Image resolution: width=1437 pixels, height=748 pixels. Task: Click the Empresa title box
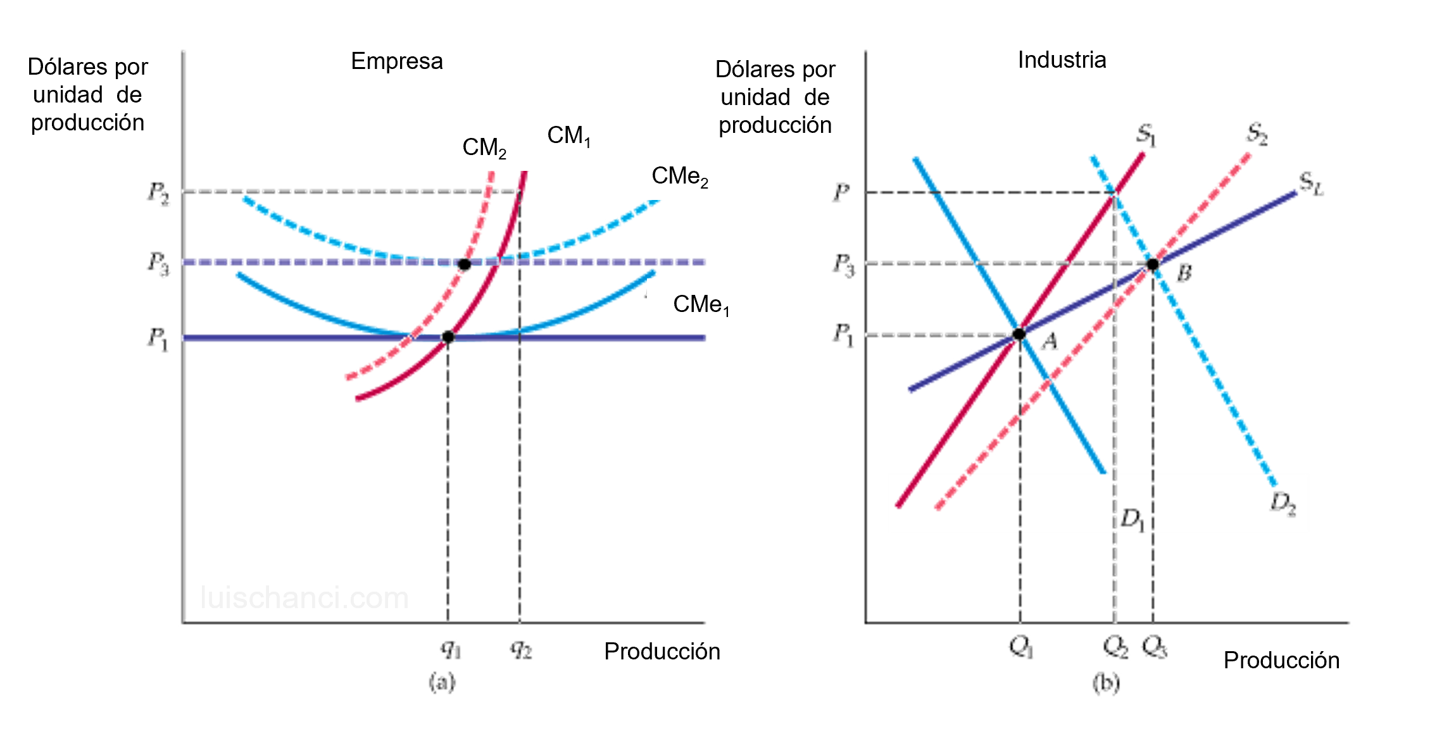[397, 61]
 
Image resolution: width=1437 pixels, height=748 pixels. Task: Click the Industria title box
[1062, 59]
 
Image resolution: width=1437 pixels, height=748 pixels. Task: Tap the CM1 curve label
[568, 135]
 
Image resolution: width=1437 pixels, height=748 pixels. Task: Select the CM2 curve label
[484, 147]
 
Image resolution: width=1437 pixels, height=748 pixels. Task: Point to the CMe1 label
[701, 304]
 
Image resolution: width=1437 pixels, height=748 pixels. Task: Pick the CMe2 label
[679, 176]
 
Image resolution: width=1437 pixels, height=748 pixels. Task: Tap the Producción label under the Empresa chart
[662, 651]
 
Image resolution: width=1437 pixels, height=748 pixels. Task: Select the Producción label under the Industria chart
[1281, 660]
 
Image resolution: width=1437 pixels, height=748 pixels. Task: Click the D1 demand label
[1132, 520]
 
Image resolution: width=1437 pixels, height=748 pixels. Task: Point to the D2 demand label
[1283, 503]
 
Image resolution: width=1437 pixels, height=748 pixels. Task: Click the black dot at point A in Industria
[1019, 334]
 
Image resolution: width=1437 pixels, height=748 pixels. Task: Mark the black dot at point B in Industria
[1153, 264]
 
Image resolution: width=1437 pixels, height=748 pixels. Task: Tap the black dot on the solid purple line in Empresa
[448, 337]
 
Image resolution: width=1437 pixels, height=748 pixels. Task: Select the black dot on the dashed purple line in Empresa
[464, 264]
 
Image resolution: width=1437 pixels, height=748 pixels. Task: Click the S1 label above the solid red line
[1146, 135]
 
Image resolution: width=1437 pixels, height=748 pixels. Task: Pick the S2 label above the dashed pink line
[1256, 134]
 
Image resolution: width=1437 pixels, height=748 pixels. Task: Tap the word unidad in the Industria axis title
[755, 97]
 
